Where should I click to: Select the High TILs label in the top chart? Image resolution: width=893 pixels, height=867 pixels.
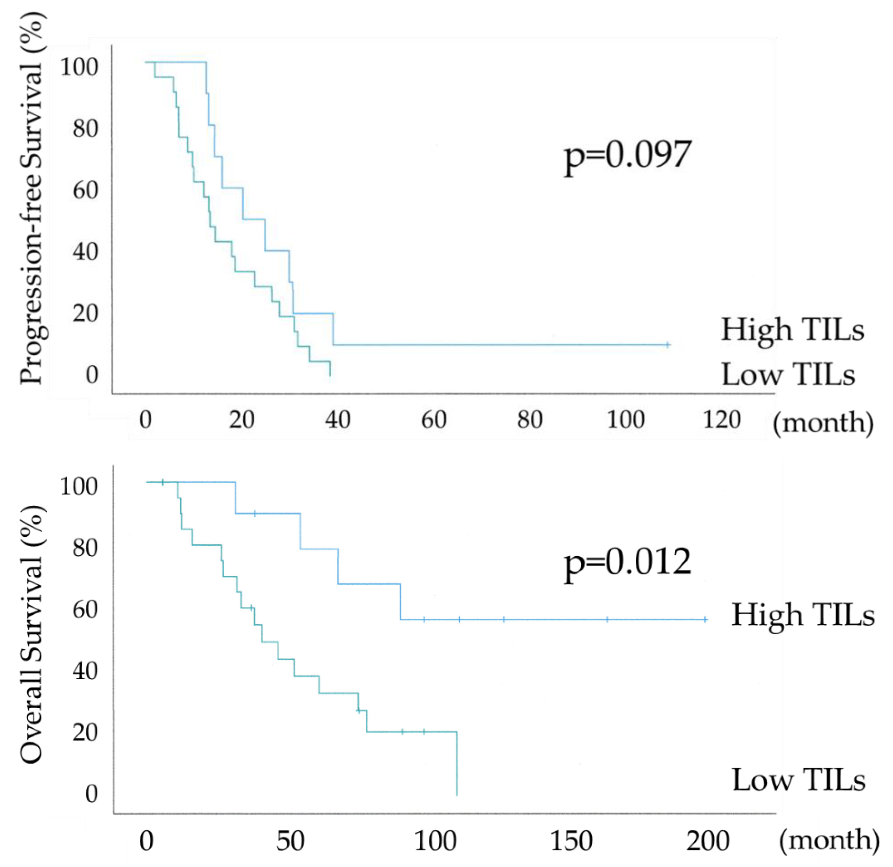pyautogui.click(x=792, y=330)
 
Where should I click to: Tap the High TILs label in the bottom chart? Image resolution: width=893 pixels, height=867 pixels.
pyautogui.click(x=803, y=615)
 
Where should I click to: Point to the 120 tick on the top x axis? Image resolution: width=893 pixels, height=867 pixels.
pyautogui.click(x=722, y=420)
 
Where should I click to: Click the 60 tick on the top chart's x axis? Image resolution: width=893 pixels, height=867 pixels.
pyautogui.click(x=434, y=420)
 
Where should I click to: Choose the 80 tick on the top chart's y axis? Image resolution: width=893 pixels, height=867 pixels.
pyautogui.click(x=85, y=129)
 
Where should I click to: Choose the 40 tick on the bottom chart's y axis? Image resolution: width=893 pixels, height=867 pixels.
pyautogui.click(x=85, y=671)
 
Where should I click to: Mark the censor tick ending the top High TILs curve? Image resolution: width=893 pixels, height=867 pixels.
pyautogui.click(x=668, y=345)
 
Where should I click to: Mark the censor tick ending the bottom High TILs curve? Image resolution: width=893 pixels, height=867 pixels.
pyautogui.click(x=705, y=619)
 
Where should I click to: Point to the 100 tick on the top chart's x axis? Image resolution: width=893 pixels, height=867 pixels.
pyautogui.click(x=625, y=420)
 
